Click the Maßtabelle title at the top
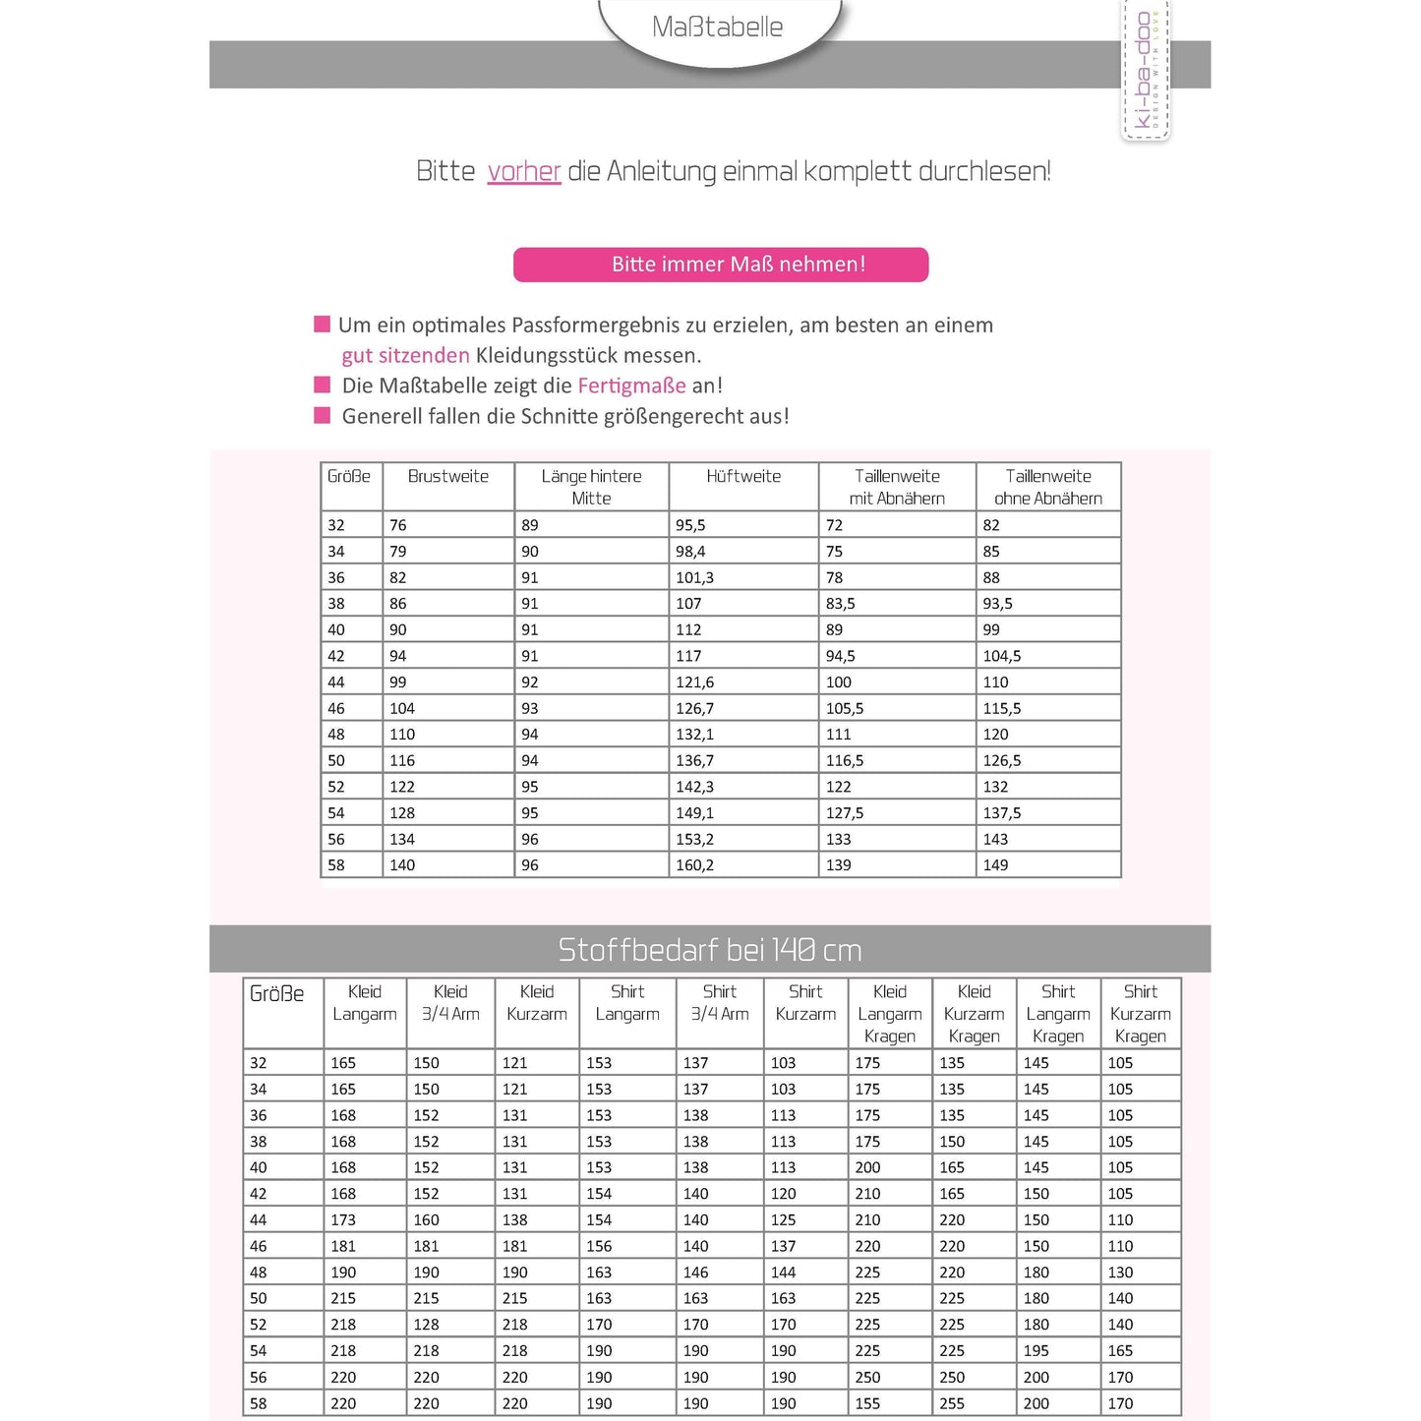click(x=717, y=28)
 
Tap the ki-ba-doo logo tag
click(x=1146, y=71)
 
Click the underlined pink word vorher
click(x=524, y=171)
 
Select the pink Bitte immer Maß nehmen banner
click(x=721, y=265)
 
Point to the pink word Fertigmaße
click(x=631, y=385)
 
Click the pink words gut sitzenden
click(x=405, y=355)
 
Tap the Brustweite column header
click(x=448, y=477)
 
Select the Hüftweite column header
click(x=743, y=477)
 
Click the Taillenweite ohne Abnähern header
click(x=1048, y=487)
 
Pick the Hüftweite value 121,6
click(x=695, y=682)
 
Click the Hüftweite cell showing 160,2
click(x=695, y=865)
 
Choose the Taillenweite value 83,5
click(x=841, y=604)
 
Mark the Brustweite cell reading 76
click(x=398, y=525)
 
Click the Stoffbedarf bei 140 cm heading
click(x=710, y=950)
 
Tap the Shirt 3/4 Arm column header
click(x=720, y=1003)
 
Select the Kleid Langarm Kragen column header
click(x=890, y=1014)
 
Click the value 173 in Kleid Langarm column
click(x=343, y=1220)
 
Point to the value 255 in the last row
click(x=952, y=1404)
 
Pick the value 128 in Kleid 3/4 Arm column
click(x=427, y=1326)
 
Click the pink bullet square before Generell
click(x=322, y=416)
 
